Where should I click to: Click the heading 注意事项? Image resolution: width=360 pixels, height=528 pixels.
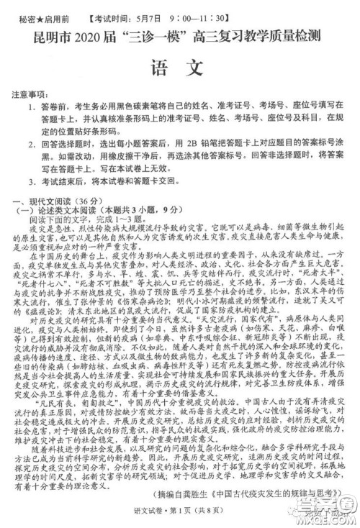30,94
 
